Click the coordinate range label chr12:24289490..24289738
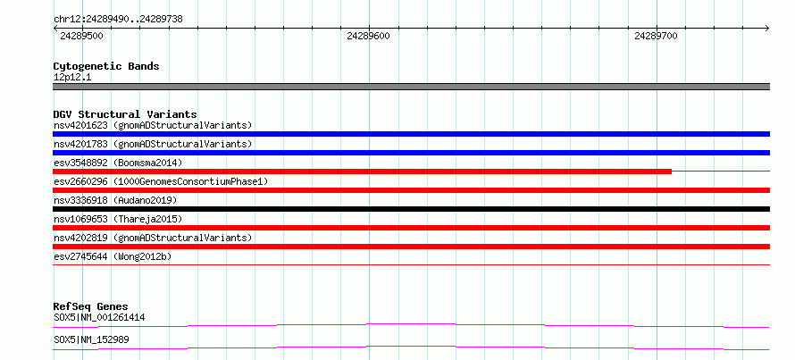coord(118,20)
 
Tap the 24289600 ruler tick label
coord(369,36)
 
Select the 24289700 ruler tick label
coord(656,36)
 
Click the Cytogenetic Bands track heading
coord(106,66)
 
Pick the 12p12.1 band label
coord(72,78)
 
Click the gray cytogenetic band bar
coord(411,86)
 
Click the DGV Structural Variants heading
coord(125,114)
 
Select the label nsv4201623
coord(80,125)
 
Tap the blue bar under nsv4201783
coord(411,153)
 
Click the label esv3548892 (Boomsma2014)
coord(118,163)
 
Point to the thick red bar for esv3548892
coord(362,172)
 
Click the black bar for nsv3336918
coord(411,209)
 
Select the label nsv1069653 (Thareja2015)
coord(118,219)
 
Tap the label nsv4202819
coord(80,238)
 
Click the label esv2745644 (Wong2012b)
coord(113,256)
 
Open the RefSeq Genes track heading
coord(91,306)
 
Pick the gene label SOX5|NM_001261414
coord(100,318)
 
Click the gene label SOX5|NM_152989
coord(91,339)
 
